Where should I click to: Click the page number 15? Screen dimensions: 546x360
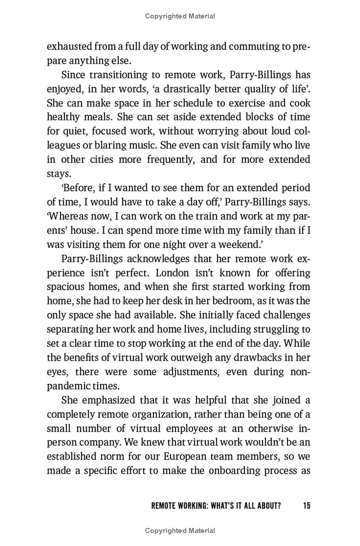point(306,505)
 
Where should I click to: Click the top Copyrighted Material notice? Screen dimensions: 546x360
point(180,16)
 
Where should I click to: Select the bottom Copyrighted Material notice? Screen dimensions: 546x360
point(180,531)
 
